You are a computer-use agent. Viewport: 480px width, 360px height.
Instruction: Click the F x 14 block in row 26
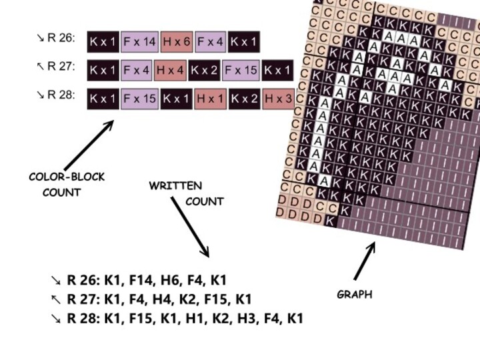(139, 42)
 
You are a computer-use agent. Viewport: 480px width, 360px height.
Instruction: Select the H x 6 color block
(177, 42)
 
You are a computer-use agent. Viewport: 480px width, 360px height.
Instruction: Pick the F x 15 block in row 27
(241, 69)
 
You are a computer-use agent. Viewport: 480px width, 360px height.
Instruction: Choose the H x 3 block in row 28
(278, 99)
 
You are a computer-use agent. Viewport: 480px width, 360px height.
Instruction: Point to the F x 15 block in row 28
(139, 99)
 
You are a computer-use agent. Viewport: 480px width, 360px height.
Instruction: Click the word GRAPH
(355, 294)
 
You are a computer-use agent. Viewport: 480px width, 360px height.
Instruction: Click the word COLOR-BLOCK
(67, 177)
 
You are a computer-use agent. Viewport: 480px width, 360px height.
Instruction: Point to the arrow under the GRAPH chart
(365, 261)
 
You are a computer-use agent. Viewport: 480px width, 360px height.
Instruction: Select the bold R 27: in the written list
(83, 299)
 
